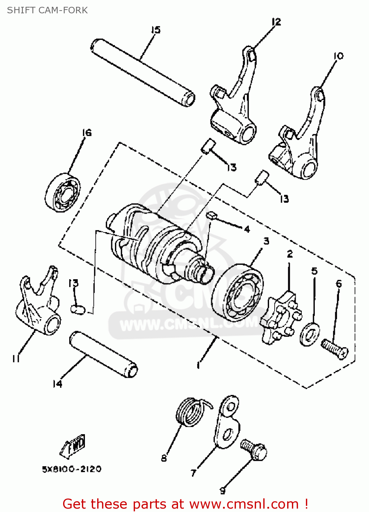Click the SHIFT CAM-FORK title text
(47, 10)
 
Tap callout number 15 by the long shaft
(156, 30)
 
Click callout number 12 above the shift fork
(276, 22)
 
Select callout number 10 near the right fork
(338, 56)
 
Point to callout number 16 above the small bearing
(87, 132)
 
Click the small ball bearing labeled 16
(63, 193)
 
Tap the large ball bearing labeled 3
(238, 293)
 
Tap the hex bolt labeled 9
(254, 450)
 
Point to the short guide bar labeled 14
(103, 354)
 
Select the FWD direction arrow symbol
(73, 446)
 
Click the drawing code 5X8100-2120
(72, 469)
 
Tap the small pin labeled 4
(211, 215)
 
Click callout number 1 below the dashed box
(198, 365)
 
